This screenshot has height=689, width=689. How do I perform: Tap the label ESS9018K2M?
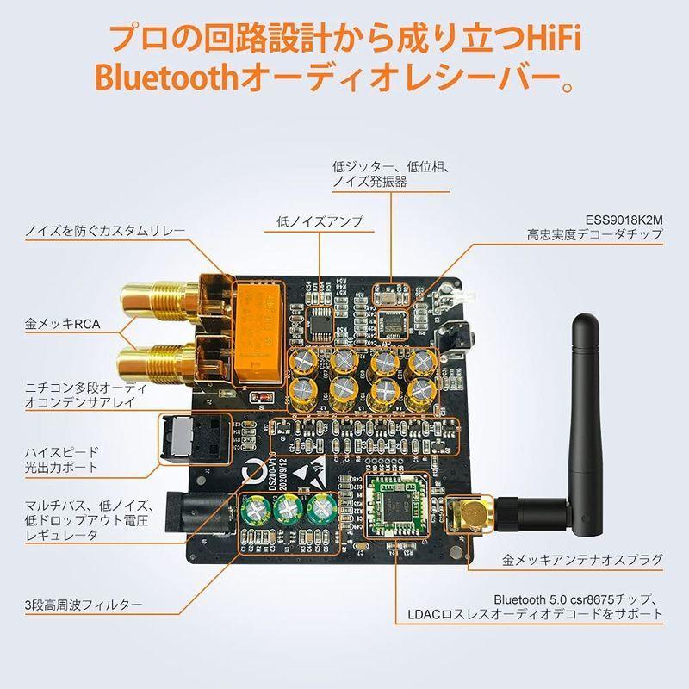coord(619,218)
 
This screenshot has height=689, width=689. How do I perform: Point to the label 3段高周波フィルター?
coord(84,605)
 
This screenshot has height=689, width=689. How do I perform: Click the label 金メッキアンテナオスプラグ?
coord(582,562)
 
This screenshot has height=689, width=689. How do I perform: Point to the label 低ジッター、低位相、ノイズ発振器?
coord(387,174)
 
